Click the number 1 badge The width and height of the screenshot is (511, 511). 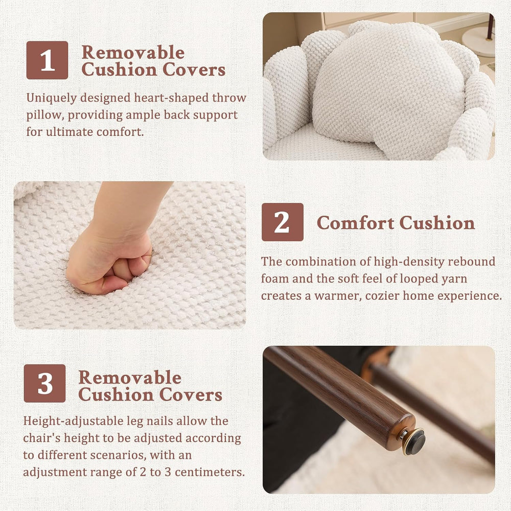47,60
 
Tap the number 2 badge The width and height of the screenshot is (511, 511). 283,222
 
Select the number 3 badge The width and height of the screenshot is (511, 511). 44,383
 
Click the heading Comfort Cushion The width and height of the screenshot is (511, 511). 396,223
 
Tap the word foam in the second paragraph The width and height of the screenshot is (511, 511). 275,278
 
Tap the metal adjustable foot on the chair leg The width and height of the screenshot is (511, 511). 413,441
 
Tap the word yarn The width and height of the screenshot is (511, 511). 453,279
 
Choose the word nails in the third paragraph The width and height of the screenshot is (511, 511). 159,421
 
